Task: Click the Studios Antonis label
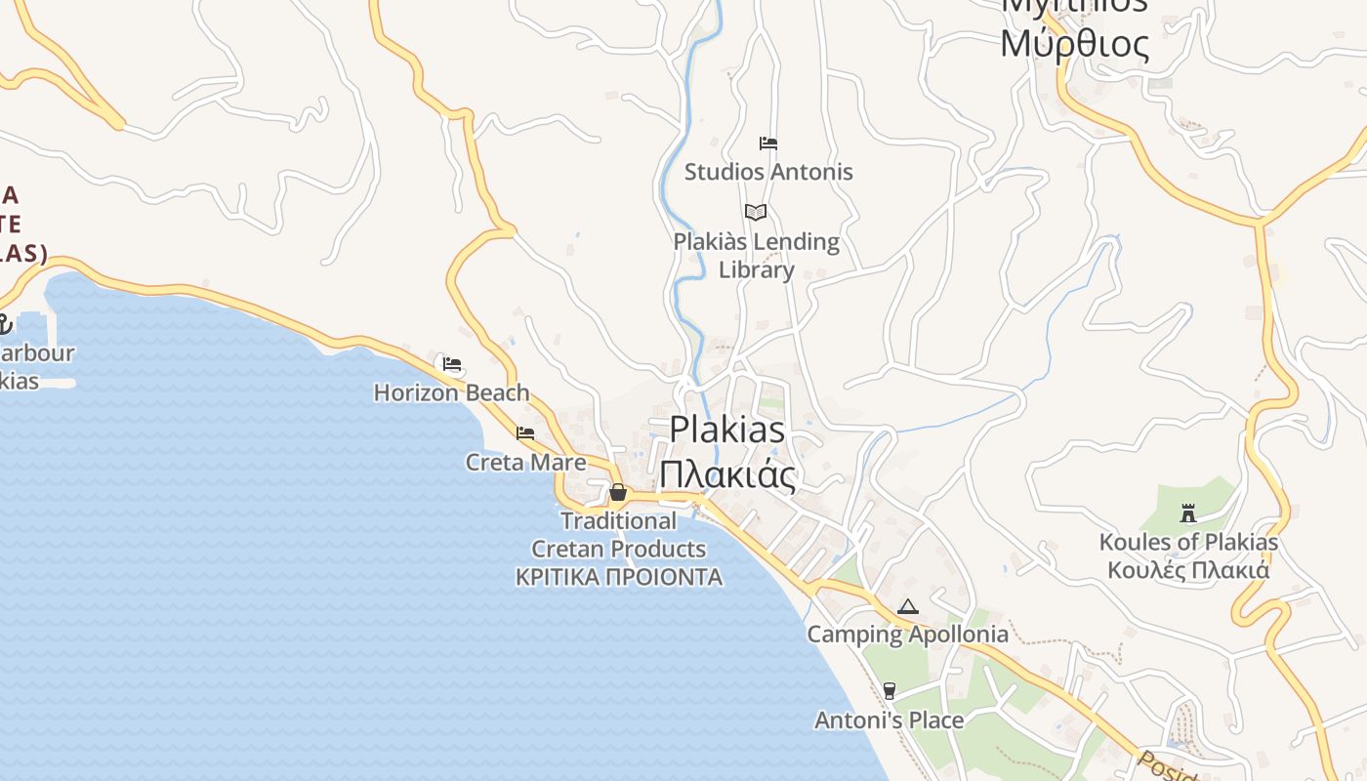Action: point(768,172)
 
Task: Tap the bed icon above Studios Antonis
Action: point(768,144)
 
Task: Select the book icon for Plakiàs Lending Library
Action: point(756,212)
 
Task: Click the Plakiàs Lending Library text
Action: point(757,255)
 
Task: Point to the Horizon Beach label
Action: point(451,392)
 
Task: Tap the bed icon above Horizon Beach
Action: point(452,364)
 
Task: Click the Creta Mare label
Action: point(525,462)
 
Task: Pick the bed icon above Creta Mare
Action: point(525,433)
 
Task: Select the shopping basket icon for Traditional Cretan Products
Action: point(618,492)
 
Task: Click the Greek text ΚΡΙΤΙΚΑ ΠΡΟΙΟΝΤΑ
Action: point(619,577)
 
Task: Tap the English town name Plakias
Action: point(727,430)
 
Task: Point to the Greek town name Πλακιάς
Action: point(727,474)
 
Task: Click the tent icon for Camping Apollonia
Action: point(908,606)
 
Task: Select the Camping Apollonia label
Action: point(907,635)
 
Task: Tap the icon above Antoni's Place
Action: point(889,691)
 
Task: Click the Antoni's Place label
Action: point(889,720)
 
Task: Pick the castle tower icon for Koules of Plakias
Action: point(1188,513)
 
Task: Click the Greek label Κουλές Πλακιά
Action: point(1188,570)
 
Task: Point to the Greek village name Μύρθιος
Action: point(1074,44)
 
